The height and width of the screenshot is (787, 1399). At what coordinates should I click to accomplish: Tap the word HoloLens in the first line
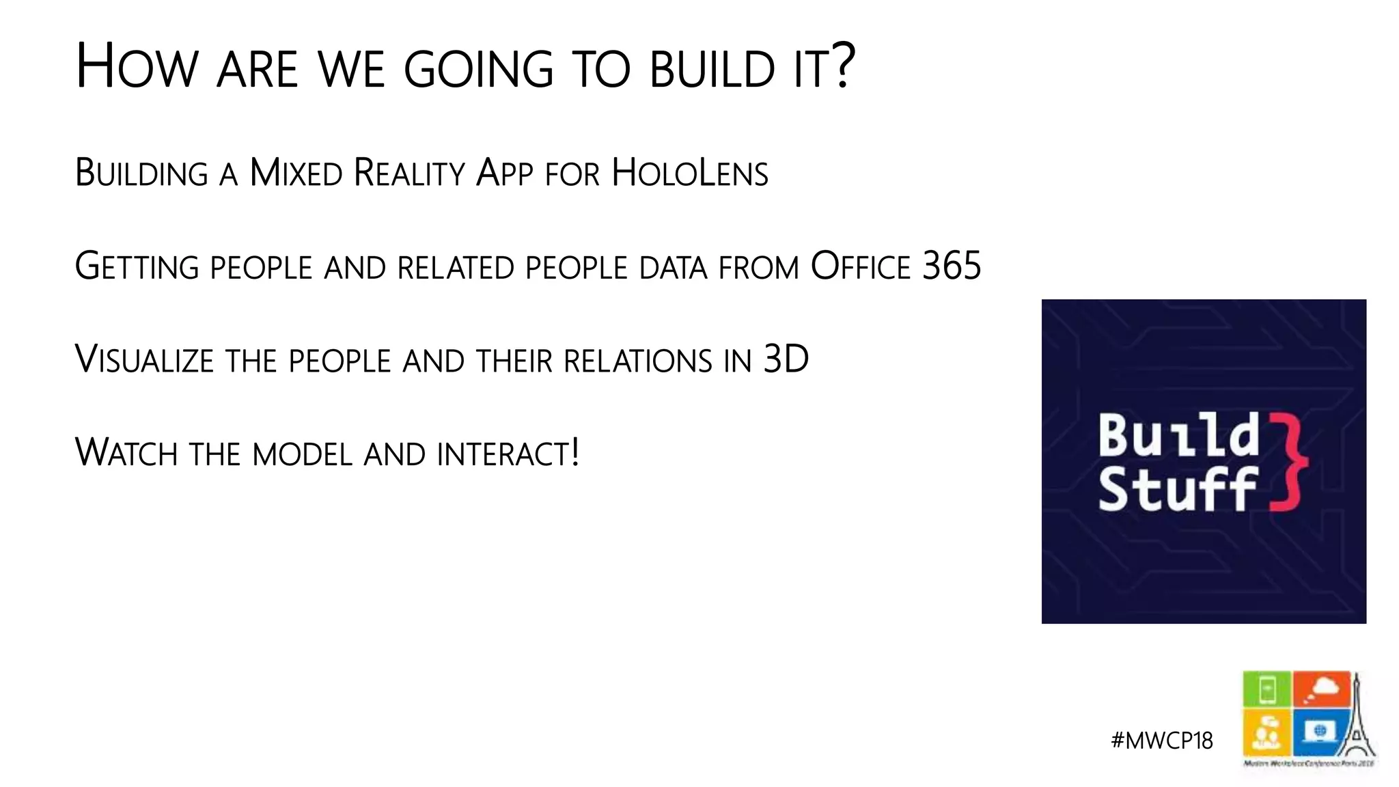(690, 173)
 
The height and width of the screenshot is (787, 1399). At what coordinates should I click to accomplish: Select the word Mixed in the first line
(296, 173)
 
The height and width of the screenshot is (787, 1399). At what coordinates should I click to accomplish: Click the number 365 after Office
(952, 266)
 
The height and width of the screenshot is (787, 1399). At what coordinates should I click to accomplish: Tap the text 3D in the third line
(786, 359)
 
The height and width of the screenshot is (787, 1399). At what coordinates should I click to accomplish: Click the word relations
(637, 361)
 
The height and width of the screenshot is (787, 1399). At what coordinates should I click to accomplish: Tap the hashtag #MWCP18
(1162, 741)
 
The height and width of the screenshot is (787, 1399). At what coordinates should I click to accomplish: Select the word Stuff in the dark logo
(1177, 489)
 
